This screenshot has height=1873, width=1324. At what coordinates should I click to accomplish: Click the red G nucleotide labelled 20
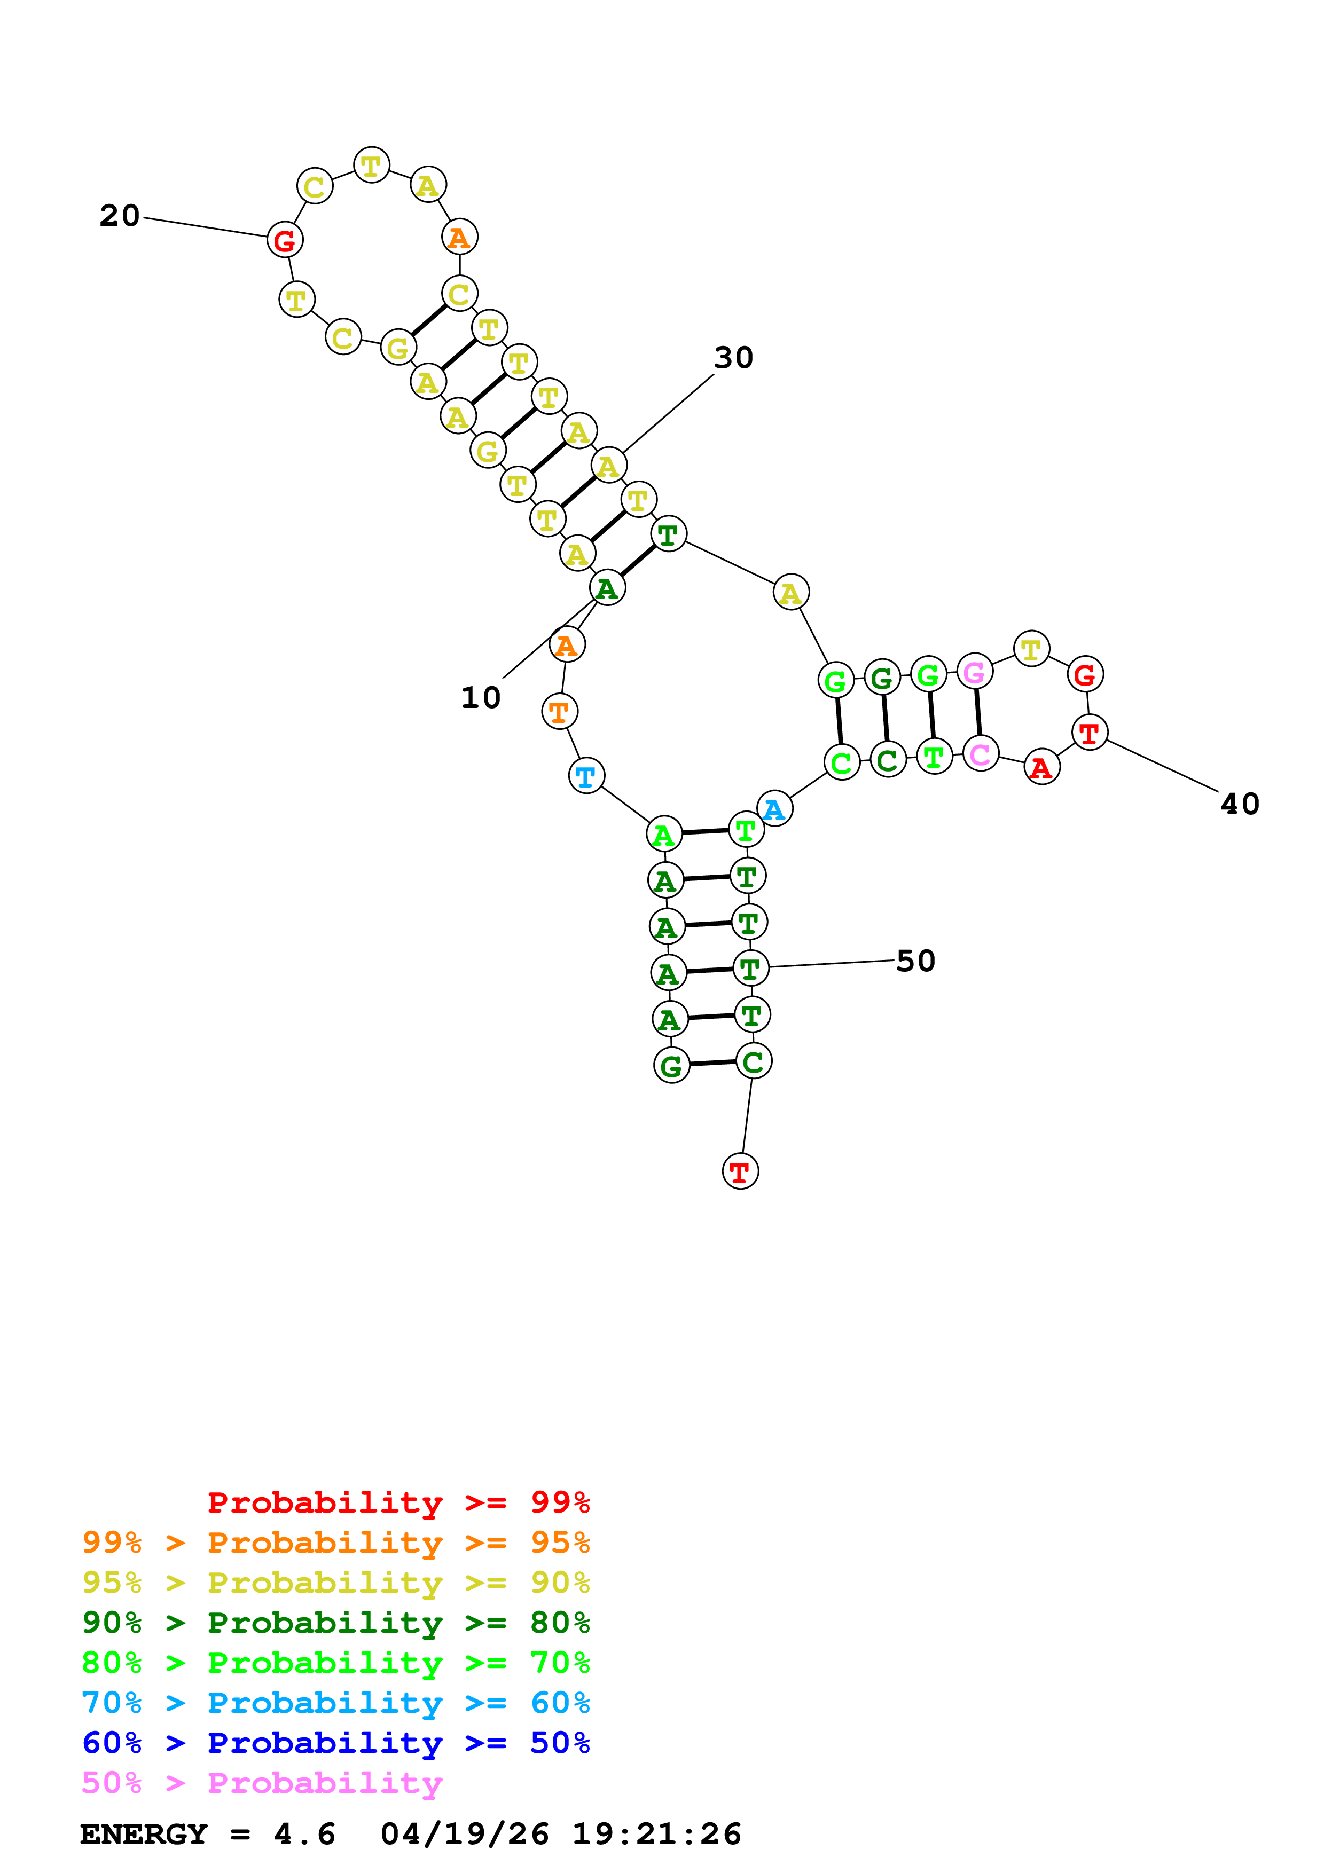click(285, 240)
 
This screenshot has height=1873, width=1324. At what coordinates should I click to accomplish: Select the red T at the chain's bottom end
click(740, 1171)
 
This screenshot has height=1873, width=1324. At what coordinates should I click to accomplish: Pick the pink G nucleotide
click(974, 672)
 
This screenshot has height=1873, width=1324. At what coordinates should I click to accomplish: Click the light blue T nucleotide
click(586, 776)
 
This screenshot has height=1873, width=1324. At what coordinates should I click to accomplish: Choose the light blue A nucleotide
click(774, 808)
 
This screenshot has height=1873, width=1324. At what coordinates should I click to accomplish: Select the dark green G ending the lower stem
click(671, 1065)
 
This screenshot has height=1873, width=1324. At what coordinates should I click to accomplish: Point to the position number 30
click(733, 357)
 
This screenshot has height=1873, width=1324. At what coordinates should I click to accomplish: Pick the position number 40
click(1239, 804)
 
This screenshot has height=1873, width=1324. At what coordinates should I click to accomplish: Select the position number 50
click(915, 961)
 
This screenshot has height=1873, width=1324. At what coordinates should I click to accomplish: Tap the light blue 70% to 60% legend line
click(335, 1703)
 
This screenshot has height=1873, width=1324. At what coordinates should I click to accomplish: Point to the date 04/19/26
click(464, 1835)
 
